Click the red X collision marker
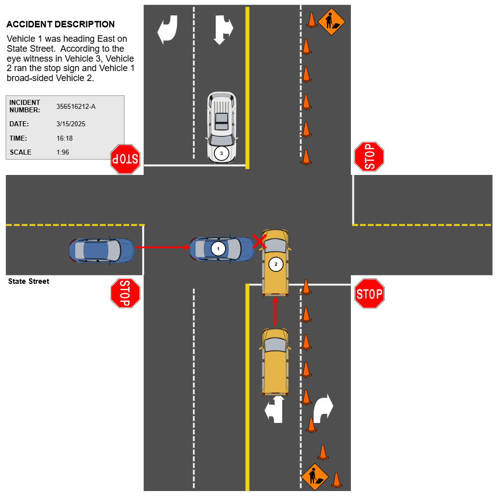(259, 242)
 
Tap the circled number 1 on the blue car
(218, 248)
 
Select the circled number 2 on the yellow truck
(276, 264)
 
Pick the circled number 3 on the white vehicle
(222, 153)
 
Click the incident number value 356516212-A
(76, 106)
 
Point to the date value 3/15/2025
(71, 124)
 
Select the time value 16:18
(65, 138)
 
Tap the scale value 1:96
(63, 152)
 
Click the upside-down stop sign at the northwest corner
(125, 159)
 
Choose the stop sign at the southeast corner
(369, 294)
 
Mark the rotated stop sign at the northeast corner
(369, 157)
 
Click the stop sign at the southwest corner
(125, 293)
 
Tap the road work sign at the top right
(331, 21)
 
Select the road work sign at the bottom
(315, 477)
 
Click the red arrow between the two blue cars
(162, 247)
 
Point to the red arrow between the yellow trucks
(275, 312)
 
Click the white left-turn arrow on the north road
(167, 29)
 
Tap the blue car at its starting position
(102, 250)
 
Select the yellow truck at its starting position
(275, 361)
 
